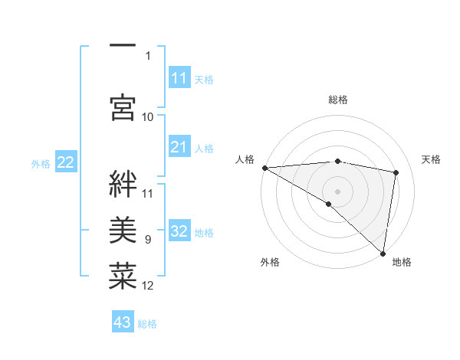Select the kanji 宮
123,106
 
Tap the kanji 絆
123,185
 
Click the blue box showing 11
179,78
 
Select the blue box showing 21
179,148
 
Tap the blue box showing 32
179,232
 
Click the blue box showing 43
123,322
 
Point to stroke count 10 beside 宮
148,116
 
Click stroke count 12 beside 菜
148,286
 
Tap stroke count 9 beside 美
148,240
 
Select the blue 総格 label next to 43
147,324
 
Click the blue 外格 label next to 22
41,163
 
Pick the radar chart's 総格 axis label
338,100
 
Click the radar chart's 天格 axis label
432,159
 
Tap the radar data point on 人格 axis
264,168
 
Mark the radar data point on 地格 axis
383,253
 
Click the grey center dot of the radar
337,190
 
